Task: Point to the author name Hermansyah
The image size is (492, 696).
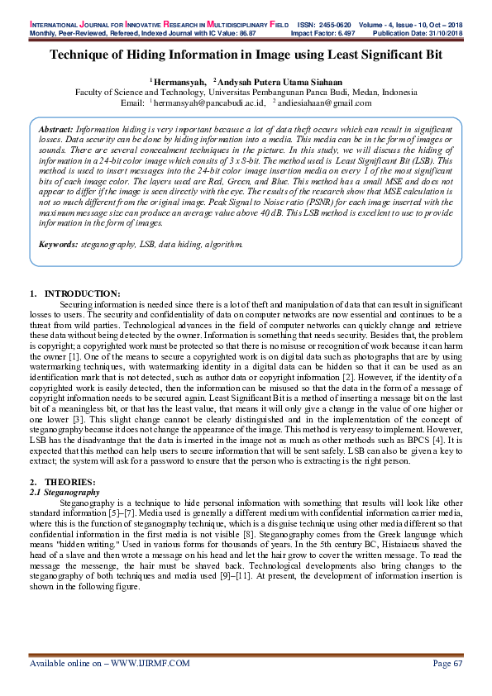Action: (x=179, y=83)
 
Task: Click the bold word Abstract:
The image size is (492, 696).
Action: (x=56, y=131)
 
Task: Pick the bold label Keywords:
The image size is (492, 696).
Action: (x=59, y=245)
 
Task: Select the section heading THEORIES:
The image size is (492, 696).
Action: (x=69, y=481)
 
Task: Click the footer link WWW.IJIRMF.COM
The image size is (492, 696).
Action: (x=150, y=663)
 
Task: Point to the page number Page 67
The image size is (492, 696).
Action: (x=447, y=663)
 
